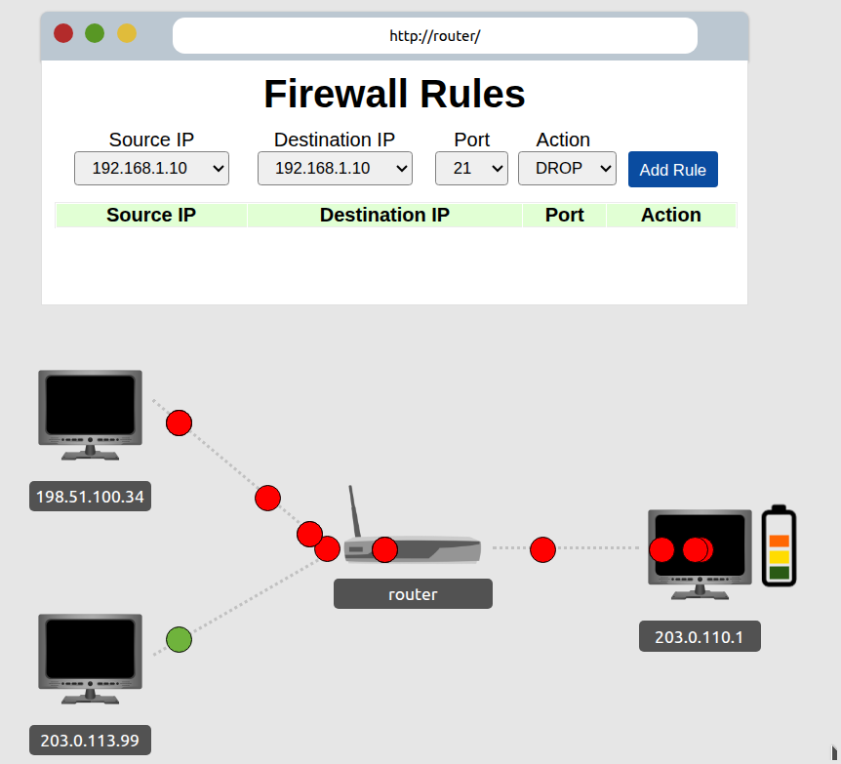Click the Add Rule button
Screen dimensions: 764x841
pos(672,170)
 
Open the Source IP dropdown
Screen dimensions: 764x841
pos(151,168)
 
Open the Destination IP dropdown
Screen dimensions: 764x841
pos(335,168)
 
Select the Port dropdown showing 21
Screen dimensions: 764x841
pos(471,168)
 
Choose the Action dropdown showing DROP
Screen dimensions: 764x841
pos(567,168)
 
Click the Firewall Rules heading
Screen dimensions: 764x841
pos(394,94)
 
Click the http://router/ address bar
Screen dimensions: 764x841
pos(435,36)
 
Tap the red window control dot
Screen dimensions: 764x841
pos(63,33)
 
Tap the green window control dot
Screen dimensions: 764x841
pos(95,33)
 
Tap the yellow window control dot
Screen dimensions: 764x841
pos(127,33)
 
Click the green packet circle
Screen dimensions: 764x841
pos(179,640)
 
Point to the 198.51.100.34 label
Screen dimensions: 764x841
pos(90,498)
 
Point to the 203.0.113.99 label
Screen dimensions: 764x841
pos(90,741)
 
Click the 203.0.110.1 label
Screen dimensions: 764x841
pos(699,638)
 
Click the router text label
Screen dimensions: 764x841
pos(413,594)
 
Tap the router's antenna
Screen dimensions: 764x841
pos(355,511)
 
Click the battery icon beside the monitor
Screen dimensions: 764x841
pos(779,546)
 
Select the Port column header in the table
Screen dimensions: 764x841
pos(564,215)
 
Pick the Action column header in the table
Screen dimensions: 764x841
pos(670,215)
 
